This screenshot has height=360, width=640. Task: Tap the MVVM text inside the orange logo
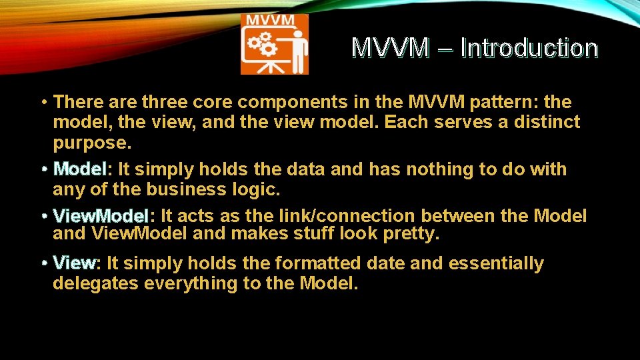click(x=270, y=19)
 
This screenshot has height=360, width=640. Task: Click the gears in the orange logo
click(x=263, y=44)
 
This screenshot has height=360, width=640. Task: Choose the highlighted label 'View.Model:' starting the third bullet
click(x=103, y=216)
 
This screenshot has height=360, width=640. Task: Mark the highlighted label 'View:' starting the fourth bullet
click(x=77, y=263)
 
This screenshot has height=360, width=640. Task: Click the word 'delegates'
click(x=96, y=283)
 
